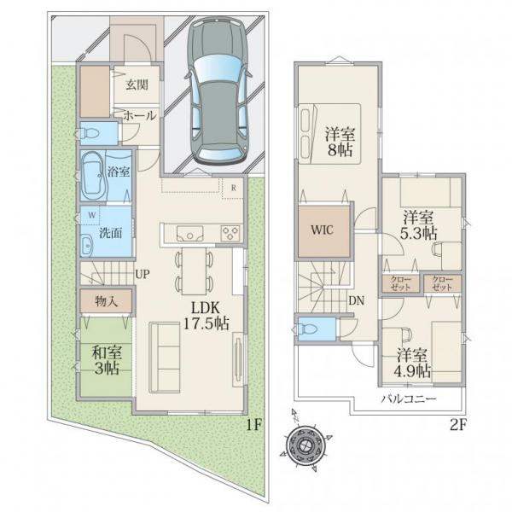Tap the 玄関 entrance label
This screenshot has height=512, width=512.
[x=137, y=84]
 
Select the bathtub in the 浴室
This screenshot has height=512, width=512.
[x=94, y=176]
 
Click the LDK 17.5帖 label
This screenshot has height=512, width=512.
[x=206, y=315]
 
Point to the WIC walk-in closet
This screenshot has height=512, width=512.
[x=323, y=230]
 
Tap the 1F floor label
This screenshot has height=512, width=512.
[x=253, y=424]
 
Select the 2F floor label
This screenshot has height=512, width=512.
[x=458, y=425]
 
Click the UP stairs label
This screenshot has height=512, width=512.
[x=143, y=274]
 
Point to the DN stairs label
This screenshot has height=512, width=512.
[x=356, y=300]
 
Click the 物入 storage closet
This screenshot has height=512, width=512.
[x=107, y=301]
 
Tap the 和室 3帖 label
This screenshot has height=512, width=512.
[x=107, y=360]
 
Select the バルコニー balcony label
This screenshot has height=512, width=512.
[x=409, y=399]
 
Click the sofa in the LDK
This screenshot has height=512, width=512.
[x=165, y=358]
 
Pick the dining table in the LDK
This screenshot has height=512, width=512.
[x=195, y=271]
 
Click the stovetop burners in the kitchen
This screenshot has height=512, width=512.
[x=230, y=234]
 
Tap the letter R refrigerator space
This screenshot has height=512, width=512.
[x=234, y=188]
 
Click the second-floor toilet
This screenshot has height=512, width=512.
[x=305, y=329]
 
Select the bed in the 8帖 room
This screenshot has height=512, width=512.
[x=329, y=134]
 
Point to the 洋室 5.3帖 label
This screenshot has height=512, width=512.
[x=418, y=225]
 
